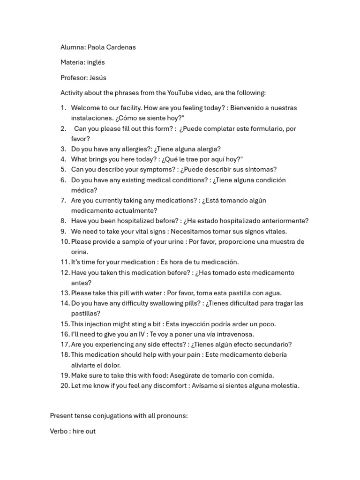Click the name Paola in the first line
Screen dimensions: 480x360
point(97,47)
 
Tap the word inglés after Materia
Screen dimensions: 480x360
point(96,62)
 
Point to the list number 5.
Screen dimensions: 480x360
point(63,170)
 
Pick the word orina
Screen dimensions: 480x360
point(80,252)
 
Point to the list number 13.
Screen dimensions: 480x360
point(65,293)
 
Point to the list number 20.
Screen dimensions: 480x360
point(65,386)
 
